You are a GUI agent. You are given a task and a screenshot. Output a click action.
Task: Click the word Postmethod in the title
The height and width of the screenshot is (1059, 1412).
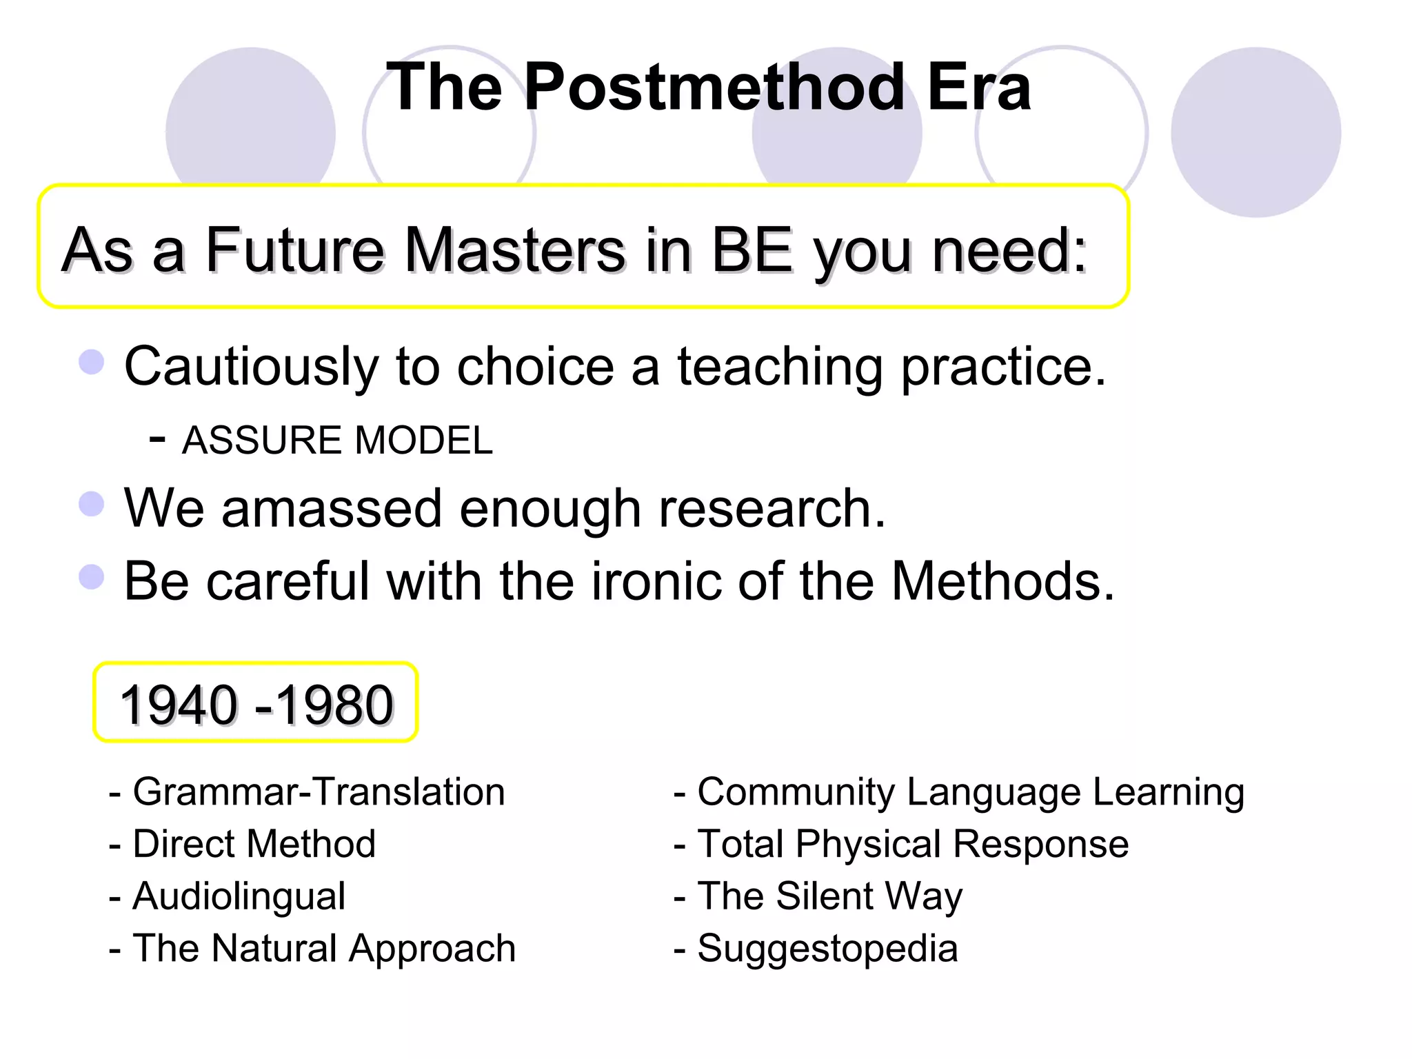(714, 88)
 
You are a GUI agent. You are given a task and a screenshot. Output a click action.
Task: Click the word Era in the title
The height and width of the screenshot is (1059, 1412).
(978, 88)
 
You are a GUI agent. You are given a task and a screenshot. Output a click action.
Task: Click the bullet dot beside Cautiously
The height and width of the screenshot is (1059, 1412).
(92, 362)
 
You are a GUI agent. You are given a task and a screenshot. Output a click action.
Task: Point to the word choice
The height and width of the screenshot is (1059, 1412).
(535, 366)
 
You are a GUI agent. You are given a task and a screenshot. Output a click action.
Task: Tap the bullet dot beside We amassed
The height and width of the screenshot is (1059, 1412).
(92, 504)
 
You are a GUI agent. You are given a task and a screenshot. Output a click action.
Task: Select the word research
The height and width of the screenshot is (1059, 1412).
(771, 509)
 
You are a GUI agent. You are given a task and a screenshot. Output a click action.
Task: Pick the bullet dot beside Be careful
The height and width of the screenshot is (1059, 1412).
(92, 577)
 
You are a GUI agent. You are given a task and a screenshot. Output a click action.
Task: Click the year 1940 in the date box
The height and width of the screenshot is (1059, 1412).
(179, 705)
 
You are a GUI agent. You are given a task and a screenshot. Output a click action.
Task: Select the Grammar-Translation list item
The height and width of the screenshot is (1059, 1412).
(319, 791)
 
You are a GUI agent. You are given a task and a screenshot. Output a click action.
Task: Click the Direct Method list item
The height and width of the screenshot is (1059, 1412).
(254, 844)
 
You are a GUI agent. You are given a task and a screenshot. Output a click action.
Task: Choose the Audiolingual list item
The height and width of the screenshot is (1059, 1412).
(239, 896)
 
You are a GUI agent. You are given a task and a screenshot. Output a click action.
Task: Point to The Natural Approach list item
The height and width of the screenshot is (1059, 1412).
(323, 949)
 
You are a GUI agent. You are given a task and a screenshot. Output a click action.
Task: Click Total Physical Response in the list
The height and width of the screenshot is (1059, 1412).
(912, 844)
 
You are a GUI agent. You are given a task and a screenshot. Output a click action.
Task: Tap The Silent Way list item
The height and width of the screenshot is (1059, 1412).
(829, 896)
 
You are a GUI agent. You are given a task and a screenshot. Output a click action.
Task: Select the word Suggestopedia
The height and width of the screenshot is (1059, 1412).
(827, 949)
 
